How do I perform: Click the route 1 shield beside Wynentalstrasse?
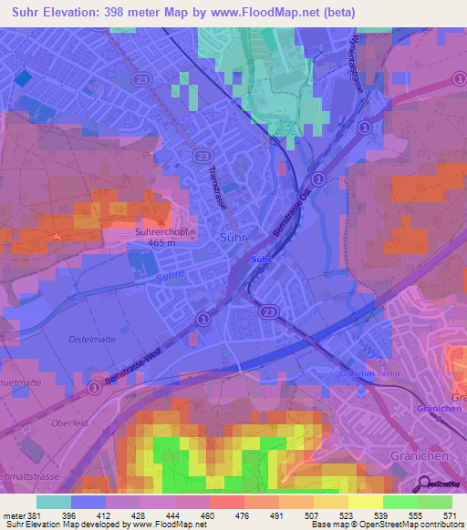pos(363,127)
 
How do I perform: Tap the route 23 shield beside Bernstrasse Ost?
pos(320,178)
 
